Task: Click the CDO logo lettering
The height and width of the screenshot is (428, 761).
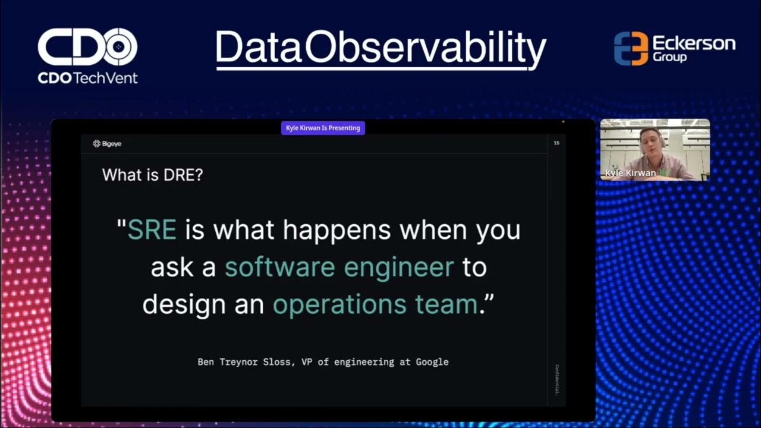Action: (87, 48)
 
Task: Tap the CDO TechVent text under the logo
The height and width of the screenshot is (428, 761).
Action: (87, 78)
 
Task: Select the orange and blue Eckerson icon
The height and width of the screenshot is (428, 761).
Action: (630, 49)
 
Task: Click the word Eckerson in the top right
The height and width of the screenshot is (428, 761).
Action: (694, 43)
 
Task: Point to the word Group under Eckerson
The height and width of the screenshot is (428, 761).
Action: (669, 58)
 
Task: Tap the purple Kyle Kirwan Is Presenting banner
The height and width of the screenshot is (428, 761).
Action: (323, 128)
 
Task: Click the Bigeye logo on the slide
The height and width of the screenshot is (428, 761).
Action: (107, 144)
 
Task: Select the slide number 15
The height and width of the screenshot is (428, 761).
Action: (556, 143)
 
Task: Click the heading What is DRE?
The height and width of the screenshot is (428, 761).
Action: (152, 175)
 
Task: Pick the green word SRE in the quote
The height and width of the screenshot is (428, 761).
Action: (152, 229)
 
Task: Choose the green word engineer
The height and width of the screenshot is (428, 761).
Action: (399, 267)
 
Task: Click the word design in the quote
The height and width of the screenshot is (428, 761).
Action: (181, 305)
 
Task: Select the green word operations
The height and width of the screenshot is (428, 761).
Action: (337, 305)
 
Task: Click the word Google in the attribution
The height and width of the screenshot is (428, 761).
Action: (432, 361)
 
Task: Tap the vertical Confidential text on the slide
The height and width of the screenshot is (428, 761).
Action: (556, 380)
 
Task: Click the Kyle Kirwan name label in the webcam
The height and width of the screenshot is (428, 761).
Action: (630, 173)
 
